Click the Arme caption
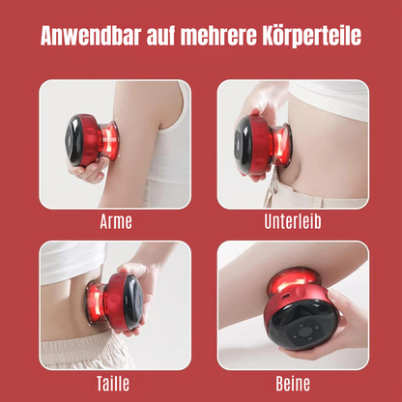116,221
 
